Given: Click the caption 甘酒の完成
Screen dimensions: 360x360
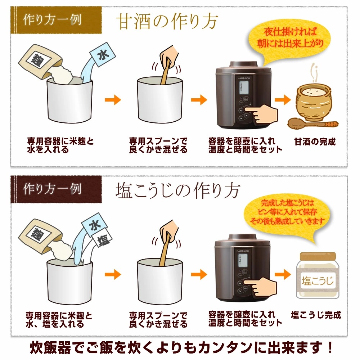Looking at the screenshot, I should click(315, 141).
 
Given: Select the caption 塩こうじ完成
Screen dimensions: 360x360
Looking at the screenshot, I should click(315, 315).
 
